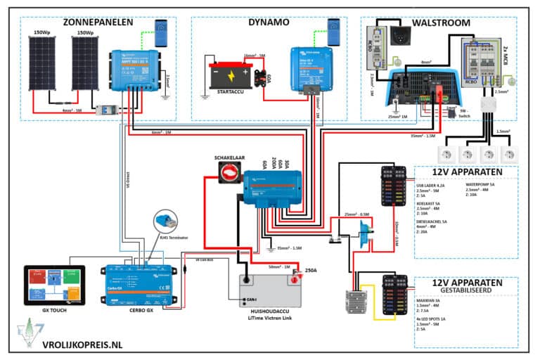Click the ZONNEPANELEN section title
98,22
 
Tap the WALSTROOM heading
441,22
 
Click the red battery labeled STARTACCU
231,73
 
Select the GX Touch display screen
54,285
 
